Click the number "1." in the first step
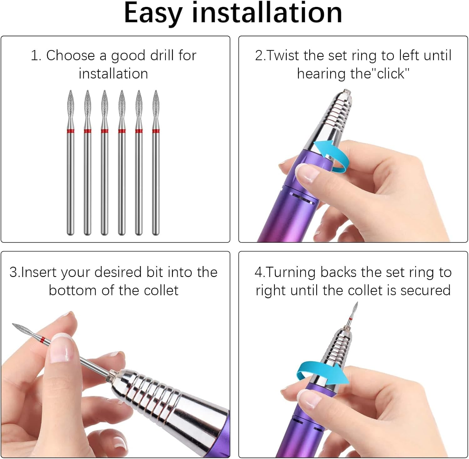tap(36, 56)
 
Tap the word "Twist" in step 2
tap(283, 56)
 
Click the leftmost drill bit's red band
tap(71, 131)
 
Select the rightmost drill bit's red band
tap(156, 131)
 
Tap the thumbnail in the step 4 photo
tap(308, 399)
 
